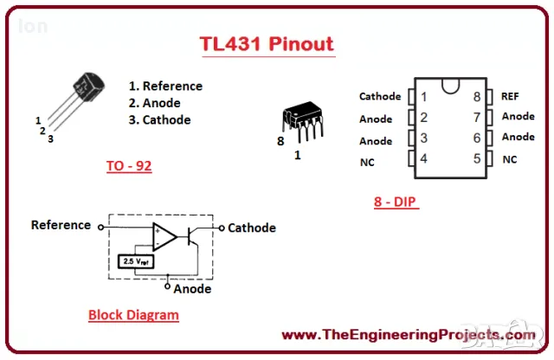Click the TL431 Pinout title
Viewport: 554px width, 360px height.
tap(267, 44)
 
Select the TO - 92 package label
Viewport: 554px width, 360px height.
tap(129, 165)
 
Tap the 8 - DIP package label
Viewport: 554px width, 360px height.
tap(396, 202)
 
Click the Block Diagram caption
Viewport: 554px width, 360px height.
tap(133, 315)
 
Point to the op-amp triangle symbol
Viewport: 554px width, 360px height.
tap(164, 237)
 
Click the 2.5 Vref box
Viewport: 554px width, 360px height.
tap(136, 261)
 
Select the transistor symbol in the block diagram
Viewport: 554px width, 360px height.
tap(192, 237)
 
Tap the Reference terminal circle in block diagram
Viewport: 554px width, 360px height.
tap(101, 228)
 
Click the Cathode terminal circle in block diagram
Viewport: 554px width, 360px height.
tap(222, 228)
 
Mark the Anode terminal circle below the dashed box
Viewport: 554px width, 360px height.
tap(167, 286)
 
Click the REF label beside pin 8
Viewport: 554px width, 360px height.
tap(510, 96)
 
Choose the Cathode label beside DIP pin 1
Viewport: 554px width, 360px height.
tap(380, 96)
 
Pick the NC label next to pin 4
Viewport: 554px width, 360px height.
tap(367, 162)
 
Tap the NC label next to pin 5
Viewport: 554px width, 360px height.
tap(510, 159)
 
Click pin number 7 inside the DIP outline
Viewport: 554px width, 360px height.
tap(477, 117)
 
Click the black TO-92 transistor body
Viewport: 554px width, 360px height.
tap(88, 87)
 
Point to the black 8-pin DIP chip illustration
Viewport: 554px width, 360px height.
tap(303, 121)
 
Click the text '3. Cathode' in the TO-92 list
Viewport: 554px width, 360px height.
tap(159, 119)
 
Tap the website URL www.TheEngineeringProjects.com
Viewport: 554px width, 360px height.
tap(409, 335)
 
